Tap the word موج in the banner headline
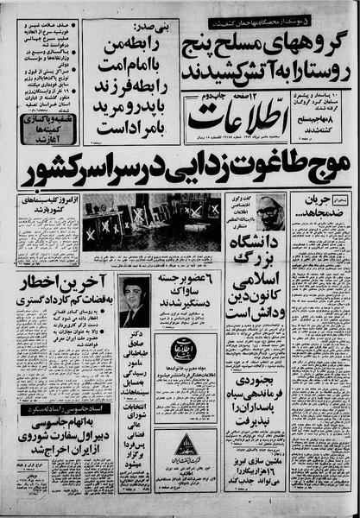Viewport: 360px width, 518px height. pos(326,169)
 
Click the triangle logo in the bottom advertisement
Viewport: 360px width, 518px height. pos(186,445)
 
